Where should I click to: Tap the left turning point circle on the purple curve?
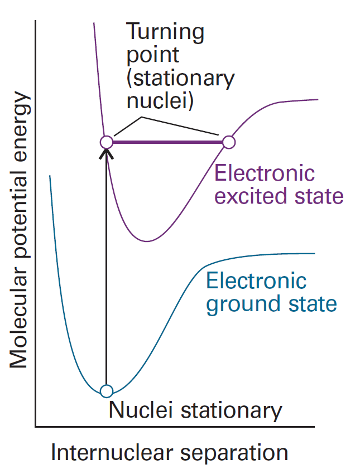point(106,142)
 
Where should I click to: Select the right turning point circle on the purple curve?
point(228,142)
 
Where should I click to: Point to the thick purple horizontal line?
point(167,142)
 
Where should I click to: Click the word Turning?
point(166,32)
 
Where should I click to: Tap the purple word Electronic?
point(265,173)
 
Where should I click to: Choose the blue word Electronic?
point(256,280)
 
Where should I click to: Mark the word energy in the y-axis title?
point(18,125)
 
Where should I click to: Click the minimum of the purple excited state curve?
point(147,241)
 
